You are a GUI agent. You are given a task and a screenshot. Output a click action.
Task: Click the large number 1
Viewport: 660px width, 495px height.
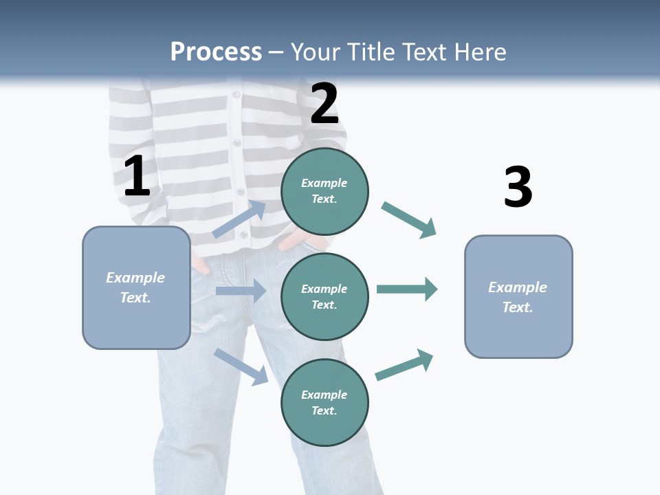click(137, 177)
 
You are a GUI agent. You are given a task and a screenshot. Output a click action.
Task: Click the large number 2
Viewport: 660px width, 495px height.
click(324, 104)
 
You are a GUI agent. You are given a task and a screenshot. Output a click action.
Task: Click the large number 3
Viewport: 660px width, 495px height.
click(518, 188)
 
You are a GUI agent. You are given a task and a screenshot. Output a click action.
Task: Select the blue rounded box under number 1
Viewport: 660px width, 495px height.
click(136, 287)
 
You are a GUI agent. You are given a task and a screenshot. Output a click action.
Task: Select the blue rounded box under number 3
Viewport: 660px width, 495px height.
click(518, 296)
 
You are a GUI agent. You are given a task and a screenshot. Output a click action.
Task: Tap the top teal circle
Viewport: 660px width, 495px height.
click(324, 191)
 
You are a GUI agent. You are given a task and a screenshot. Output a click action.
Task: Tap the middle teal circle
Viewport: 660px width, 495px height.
click(324, 296)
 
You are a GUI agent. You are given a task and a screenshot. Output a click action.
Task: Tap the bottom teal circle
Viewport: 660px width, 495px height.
click(324, 402)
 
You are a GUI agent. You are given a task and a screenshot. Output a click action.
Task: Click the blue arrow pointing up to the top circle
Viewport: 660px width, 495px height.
click(239, 219)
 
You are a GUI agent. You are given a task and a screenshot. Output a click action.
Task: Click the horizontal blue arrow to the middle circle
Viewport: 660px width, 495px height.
click(241, 291)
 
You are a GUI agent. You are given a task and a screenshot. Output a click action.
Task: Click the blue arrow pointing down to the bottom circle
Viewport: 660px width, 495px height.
click(241, 366)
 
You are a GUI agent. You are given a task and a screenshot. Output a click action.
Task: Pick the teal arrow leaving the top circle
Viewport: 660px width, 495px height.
click(409, 220)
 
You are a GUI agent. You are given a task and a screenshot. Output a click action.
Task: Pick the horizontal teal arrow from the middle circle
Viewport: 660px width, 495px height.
click(407, 289)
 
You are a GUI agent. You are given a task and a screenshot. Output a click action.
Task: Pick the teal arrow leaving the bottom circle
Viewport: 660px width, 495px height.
click(404, 364)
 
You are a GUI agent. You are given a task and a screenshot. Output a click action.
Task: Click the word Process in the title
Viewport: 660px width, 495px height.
click(216, 52)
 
